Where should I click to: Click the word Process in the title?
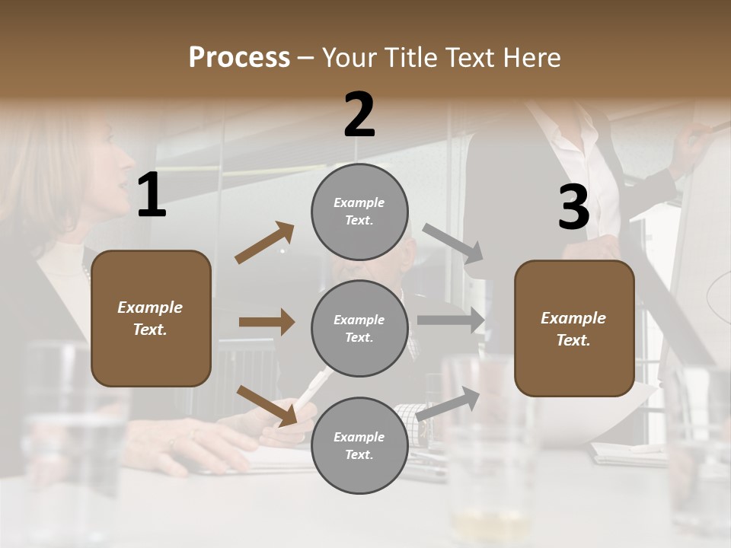click(239, 58)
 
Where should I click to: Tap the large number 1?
click(152, 196)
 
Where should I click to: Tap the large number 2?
click(359, 115)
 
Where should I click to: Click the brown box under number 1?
click(151, 318)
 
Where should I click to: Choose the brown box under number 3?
click(574, 328)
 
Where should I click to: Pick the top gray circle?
click(359, 212)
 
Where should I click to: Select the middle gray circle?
click(359, 328)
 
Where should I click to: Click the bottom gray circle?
click(359, 445)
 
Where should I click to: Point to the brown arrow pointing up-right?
click(265, 243)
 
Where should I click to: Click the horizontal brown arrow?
click(267, 322)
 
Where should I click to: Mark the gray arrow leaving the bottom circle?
click(448, 403)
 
